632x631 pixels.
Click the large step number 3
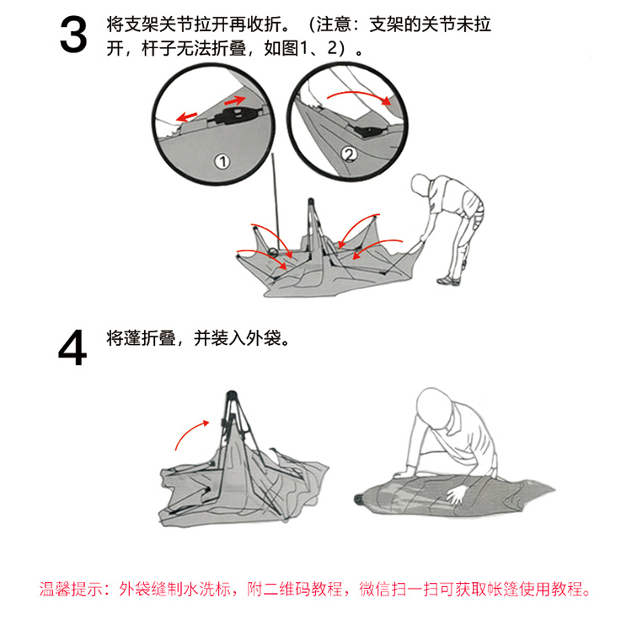click(x=73, y=35)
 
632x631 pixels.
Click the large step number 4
click(x=72, y=348)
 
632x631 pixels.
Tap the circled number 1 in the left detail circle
click(x=222, y=162)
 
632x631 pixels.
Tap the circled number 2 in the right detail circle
click(x=349, y=154)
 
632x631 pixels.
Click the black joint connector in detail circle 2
click(x=369, y=131)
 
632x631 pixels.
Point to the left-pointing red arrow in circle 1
click(x=186, y=116)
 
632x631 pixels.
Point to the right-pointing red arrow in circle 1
click(x=235, y=100)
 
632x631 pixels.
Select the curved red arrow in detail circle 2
click(x=359, y=95)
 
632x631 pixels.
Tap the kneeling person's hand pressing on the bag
click(x=456, y=494)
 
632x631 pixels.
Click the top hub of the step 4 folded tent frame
click(x=232, y=394)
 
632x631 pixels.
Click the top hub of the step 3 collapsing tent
click(x=311, y=201)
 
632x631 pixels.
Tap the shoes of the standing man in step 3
click(x=448, y=280)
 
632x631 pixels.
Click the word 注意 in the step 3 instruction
click(x=335, y=24)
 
